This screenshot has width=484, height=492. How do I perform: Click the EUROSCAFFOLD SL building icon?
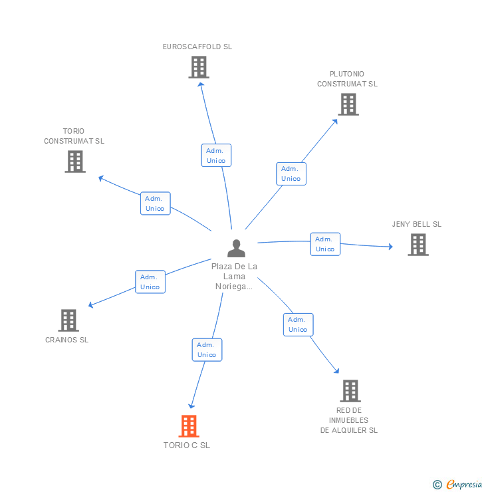coord(198,67)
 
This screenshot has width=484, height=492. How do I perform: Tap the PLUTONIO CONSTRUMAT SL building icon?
coord(348,104)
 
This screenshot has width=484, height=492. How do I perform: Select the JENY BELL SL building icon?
coord(418,245)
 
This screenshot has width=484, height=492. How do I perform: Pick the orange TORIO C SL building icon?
coord(189,426)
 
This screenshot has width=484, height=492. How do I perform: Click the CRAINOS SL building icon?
coord(68,320)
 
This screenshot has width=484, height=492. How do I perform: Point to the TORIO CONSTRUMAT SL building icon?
coord(75,162)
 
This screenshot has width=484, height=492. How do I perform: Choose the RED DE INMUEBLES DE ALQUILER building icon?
coord(350,391)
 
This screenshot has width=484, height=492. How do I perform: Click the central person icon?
coord(236,249)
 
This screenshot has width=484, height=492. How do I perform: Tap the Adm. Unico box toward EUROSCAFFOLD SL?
coord(216,156)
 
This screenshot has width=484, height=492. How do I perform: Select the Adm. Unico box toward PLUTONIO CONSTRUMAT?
coord(291,174)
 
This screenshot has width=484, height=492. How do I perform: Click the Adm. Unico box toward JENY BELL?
coord(325,244)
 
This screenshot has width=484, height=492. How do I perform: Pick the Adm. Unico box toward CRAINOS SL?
coord(150,282)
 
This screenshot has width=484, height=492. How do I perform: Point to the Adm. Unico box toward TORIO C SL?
coord(207,350)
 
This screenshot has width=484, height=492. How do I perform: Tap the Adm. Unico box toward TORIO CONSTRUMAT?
coord(155,203)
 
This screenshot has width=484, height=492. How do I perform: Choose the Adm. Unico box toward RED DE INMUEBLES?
coord(298,324)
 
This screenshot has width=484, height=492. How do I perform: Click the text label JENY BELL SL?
coord(417,224)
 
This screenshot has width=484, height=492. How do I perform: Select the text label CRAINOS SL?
coord(66,340)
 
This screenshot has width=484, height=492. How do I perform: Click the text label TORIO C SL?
coord(187,445)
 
